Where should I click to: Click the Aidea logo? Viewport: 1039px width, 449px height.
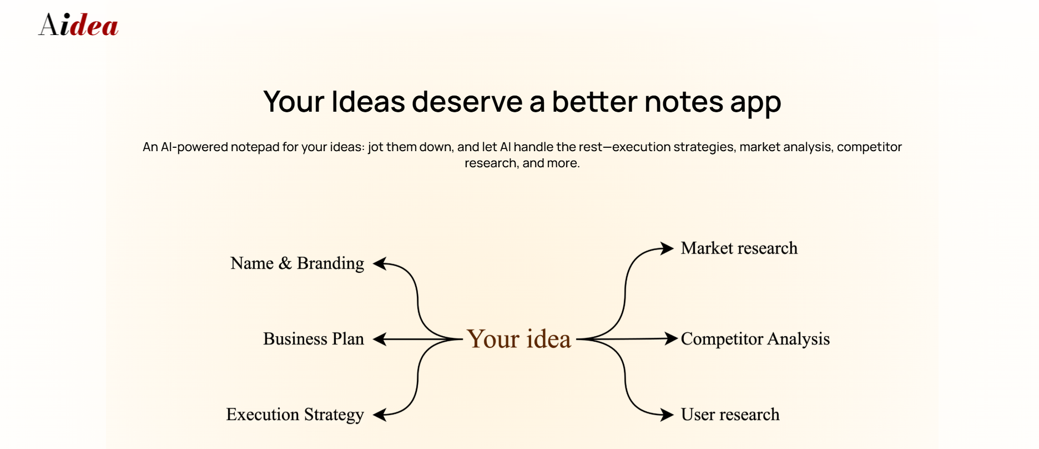78,25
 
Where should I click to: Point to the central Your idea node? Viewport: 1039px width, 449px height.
519,338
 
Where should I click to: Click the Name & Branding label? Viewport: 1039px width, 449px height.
297,263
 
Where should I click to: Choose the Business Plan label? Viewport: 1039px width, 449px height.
314,339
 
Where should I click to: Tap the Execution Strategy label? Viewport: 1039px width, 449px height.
295,415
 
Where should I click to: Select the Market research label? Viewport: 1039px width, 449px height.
739,248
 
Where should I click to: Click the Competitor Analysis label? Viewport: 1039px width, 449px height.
755,339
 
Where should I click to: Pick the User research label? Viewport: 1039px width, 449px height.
730,415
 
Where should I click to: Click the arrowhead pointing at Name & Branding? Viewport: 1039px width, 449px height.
379,264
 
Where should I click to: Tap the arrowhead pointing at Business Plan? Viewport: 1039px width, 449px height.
379,339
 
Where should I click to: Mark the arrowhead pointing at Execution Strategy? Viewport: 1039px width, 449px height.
379,415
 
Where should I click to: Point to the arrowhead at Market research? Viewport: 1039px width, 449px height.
667,248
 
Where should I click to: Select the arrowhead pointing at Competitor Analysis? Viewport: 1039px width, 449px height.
671,338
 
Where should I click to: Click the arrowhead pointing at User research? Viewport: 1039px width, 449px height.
667,414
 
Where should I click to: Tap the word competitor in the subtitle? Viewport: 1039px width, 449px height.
869,147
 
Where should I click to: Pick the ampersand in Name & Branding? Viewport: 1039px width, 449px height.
285,263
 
